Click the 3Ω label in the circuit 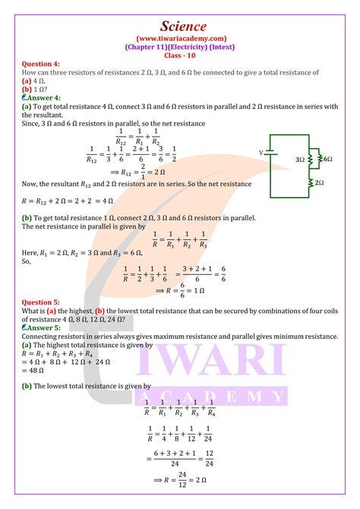click(x=299, y=160)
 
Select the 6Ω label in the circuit click(x=328, y=160)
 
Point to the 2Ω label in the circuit click(x=319, y=183)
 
